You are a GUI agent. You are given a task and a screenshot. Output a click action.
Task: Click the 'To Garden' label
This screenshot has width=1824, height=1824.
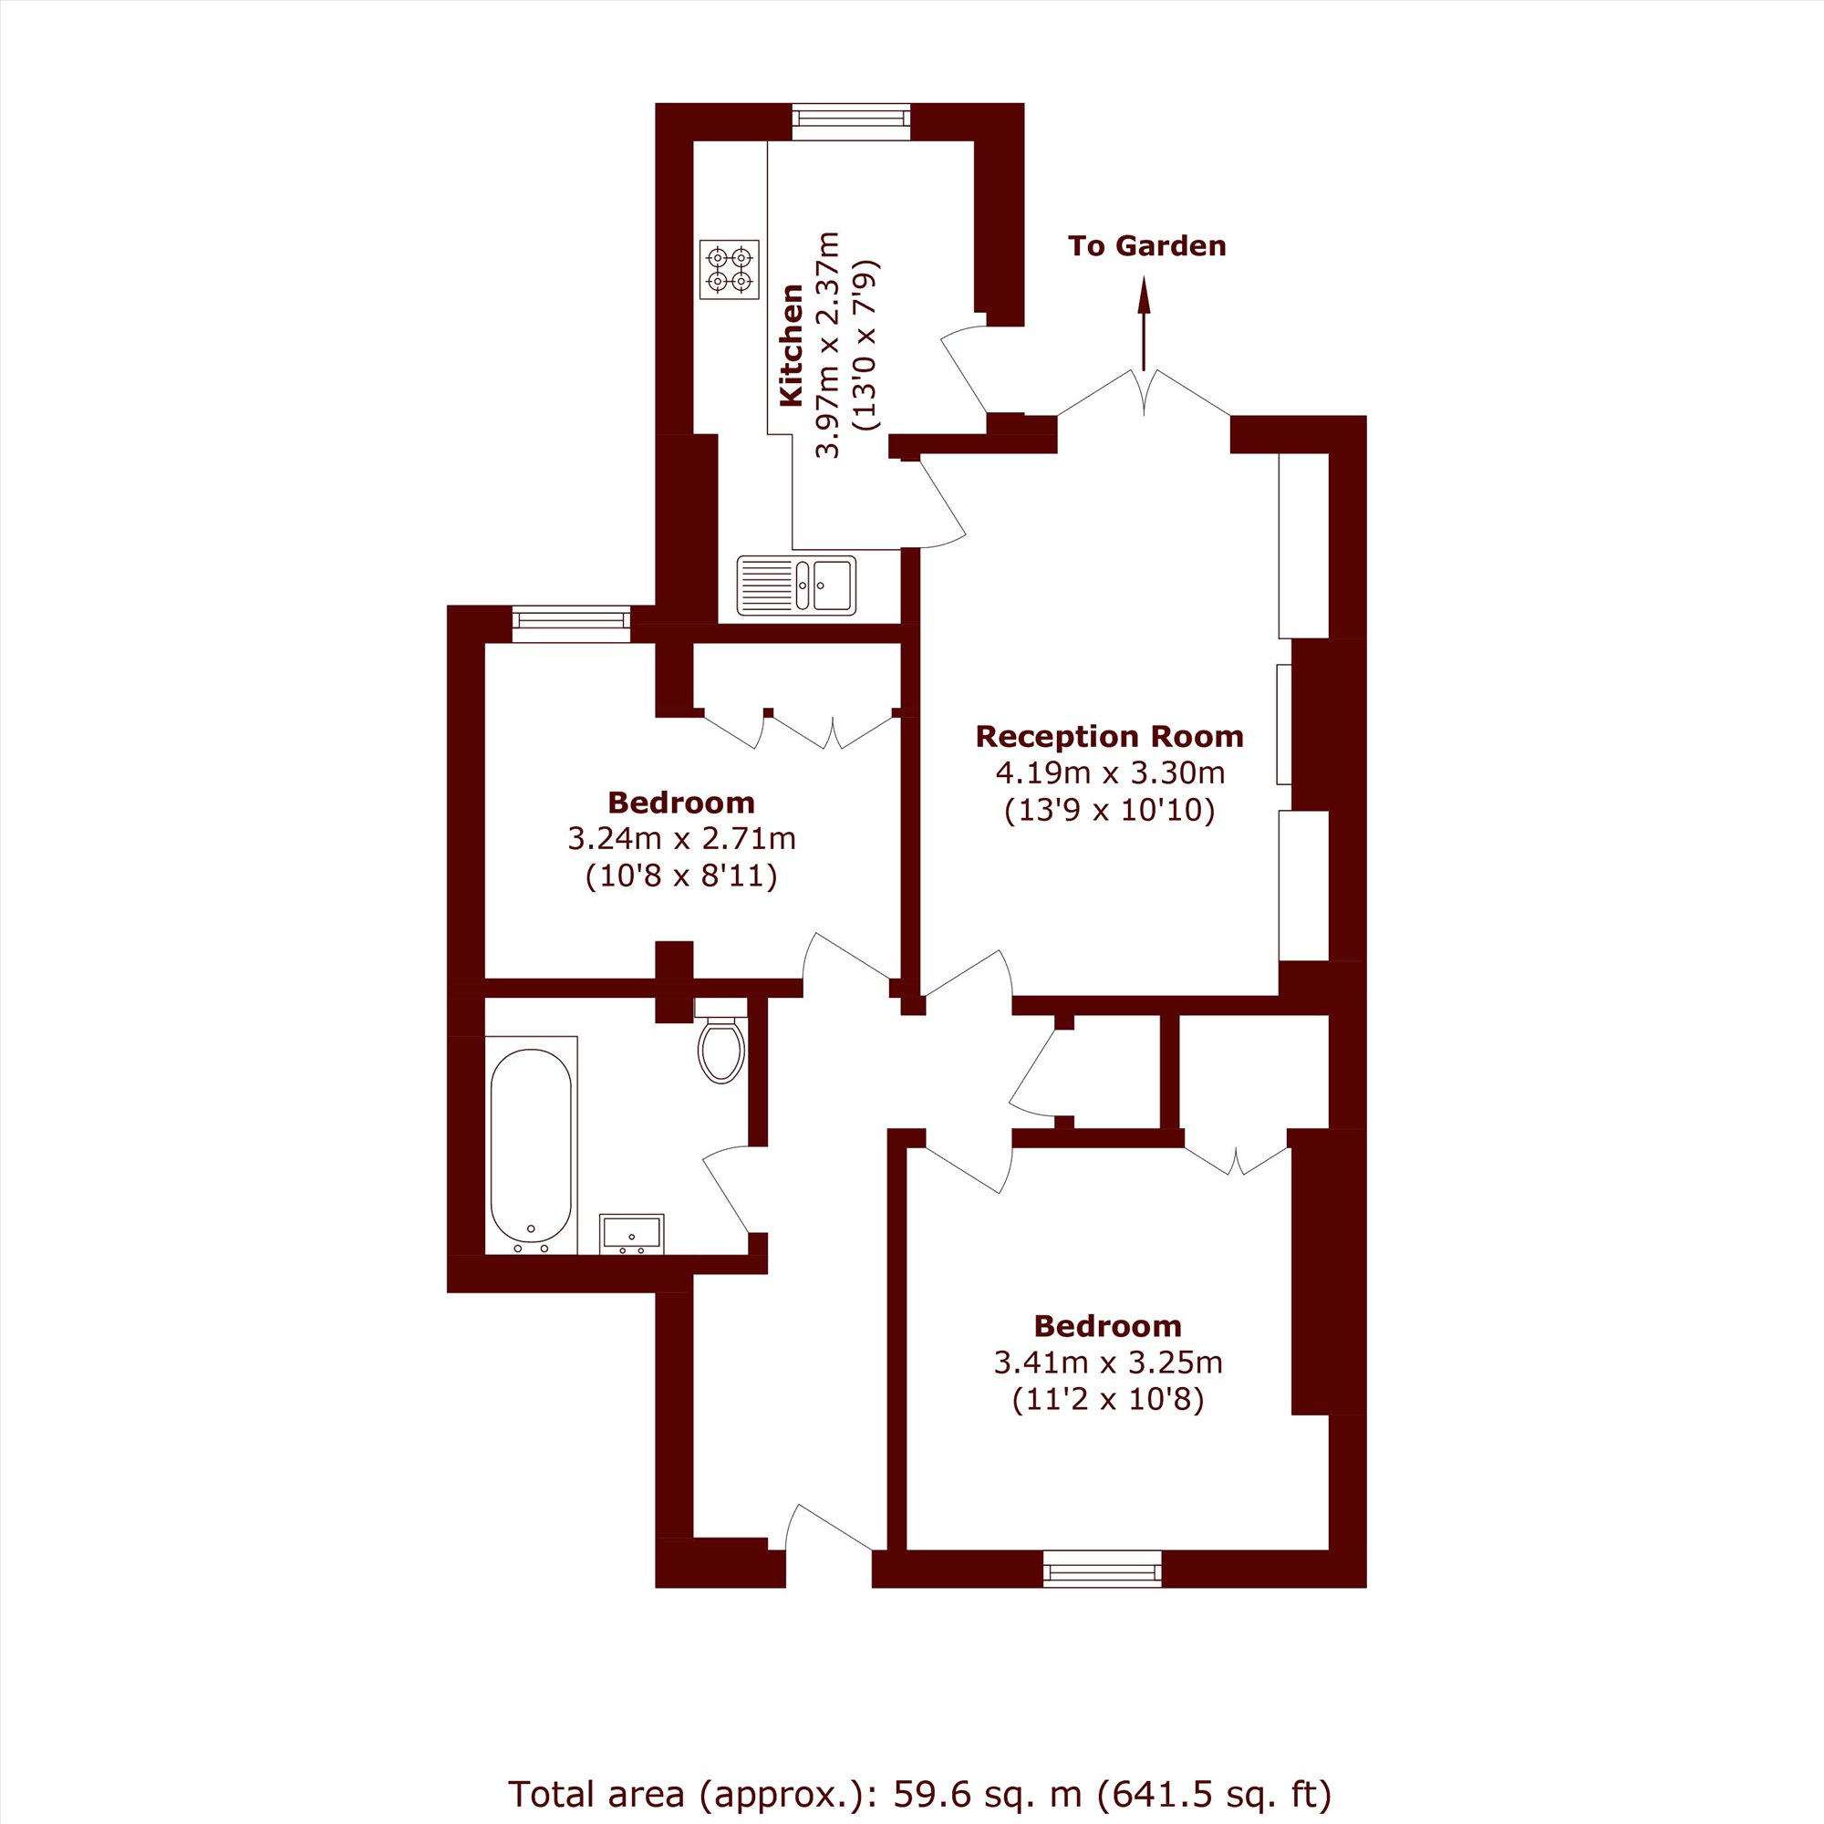[1147, 246]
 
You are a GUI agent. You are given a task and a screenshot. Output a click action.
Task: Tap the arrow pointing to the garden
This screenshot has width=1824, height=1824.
[1145, 323]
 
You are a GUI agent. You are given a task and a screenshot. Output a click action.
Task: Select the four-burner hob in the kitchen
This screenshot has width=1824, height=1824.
[730, 269]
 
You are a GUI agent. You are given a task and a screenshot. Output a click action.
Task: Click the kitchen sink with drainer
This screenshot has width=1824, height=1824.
[797, 586]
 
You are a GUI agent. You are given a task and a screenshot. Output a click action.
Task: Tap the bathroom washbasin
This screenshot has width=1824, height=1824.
[632, 1234]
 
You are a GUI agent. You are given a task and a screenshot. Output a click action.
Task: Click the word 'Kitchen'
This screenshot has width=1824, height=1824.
[791, 346]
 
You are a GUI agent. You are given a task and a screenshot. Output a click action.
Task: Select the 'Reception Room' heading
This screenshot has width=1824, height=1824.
[1109, 736]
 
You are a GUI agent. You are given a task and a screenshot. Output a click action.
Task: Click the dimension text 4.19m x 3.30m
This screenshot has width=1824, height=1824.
[1110, 773]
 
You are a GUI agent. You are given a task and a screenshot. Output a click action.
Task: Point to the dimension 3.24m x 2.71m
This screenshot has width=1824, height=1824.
[681, 838]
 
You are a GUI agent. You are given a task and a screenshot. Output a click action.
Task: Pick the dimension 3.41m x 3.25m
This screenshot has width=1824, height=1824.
[1108, 1363]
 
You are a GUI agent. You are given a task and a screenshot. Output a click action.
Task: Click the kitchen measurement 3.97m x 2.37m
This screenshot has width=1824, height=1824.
[827, 345]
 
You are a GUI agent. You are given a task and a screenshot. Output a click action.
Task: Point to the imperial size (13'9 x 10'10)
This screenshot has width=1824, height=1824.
[1109, 811]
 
